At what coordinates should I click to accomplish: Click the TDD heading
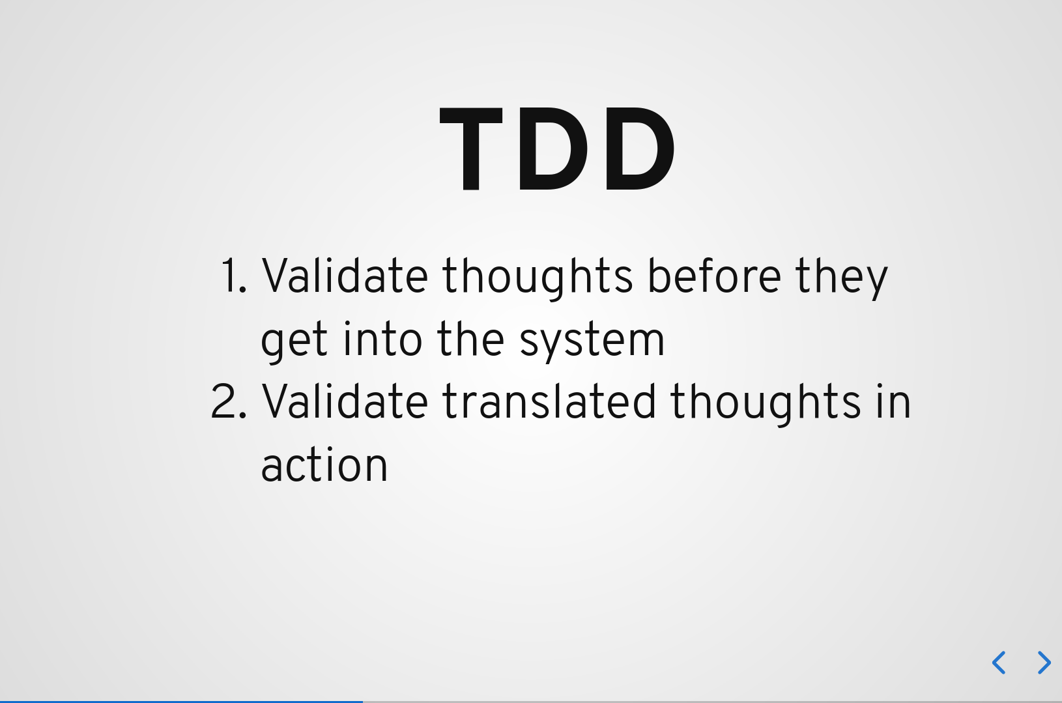pos(558,149)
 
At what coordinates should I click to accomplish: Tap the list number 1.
pos(234,276)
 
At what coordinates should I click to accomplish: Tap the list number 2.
pos(229,401)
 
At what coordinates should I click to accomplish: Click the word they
pos(842,279)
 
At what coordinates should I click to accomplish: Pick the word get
pos(294,342)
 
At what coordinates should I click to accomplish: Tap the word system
pos(592,342)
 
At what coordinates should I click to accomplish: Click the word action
pos(324,464)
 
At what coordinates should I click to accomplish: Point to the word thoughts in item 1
pos(538,279)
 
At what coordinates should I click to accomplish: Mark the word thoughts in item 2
pos(766,405)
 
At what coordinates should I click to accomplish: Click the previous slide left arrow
pos(998,662)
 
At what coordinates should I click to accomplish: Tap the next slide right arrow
pos(1044,662)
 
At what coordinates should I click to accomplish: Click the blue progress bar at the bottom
pos(181,702)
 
